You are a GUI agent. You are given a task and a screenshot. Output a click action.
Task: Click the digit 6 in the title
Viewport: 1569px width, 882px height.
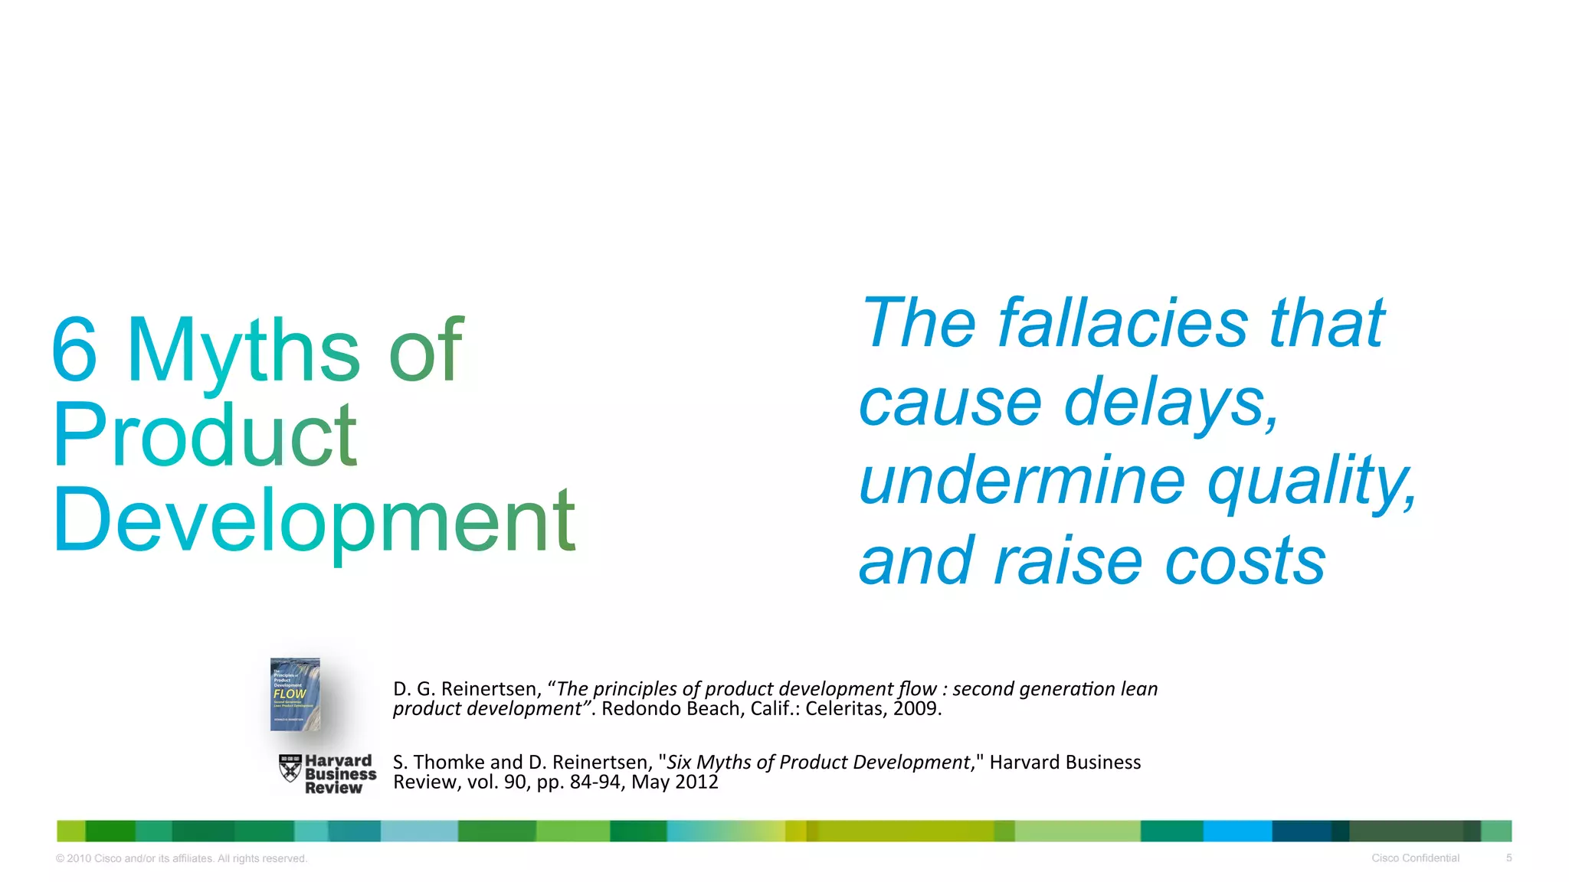(75, 351)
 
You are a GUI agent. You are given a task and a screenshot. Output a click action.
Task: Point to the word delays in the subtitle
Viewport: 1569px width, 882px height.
(1171, 403)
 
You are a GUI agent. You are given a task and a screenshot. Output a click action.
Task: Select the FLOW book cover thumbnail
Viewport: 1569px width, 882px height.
(295, 694)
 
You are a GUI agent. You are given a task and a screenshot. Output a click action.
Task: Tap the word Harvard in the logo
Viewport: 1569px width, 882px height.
(338, 761)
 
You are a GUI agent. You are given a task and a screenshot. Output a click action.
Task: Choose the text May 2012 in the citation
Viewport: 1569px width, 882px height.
(674, 782)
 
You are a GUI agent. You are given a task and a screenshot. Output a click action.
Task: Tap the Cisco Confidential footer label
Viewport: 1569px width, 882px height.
(1415, 858)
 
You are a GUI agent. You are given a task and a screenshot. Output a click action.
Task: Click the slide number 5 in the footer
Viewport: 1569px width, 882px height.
(1508, 858)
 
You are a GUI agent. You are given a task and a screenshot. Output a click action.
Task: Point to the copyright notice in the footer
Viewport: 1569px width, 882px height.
(182, 859)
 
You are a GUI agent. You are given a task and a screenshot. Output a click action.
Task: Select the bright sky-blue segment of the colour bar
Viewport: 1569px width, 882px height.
(1237, 831)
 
